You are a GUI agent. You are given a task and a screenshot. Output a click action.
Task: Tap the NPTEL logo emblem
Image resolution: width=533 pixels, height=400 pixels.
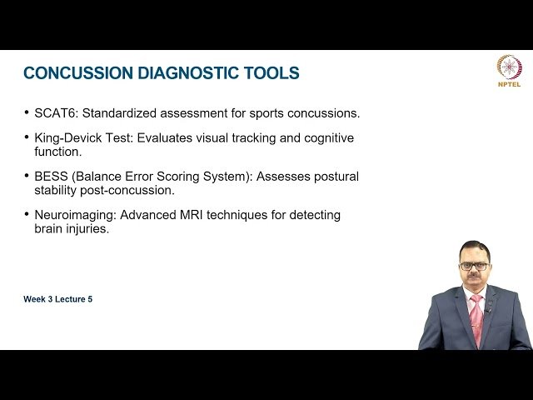[x=509, y=66]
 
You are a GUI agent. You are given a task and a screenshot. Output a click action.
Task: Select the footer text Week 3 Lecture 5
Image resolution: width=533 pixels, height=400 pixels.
[x=57, y=299]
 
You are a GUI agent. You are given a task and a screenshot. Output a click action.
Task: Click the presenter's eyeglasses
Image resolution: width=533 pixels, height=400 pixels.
[x=474, y=266]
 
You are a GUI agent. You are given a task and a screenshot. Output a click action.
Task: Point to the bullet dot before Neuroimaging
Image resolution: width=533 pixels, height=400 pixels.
[x=27, y=215]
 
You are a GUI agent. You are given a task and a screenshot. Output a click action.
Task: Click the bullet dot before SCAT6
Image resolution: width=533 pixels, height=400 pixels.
[x=27, y=112]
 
